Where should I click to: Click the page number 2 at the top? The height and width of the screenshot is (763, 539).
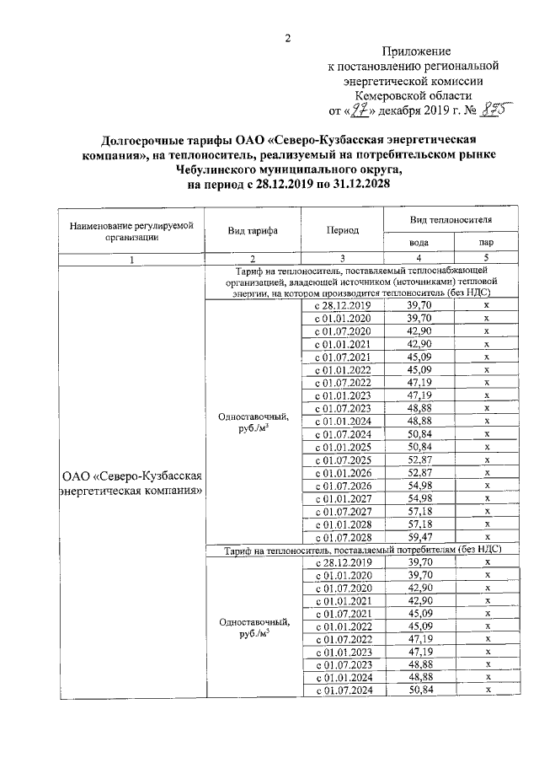(287, 39)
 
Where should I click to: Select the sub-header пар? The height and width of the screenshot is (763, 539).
(486, 242)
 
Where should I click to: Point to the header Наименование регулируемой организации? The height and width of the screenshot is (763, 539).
(131, 230)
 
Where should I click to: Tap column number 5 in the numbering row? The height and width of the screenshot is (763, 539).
(486, 258)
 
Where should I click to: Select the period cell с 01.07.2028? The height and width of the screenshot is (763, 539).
(343, 536)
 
